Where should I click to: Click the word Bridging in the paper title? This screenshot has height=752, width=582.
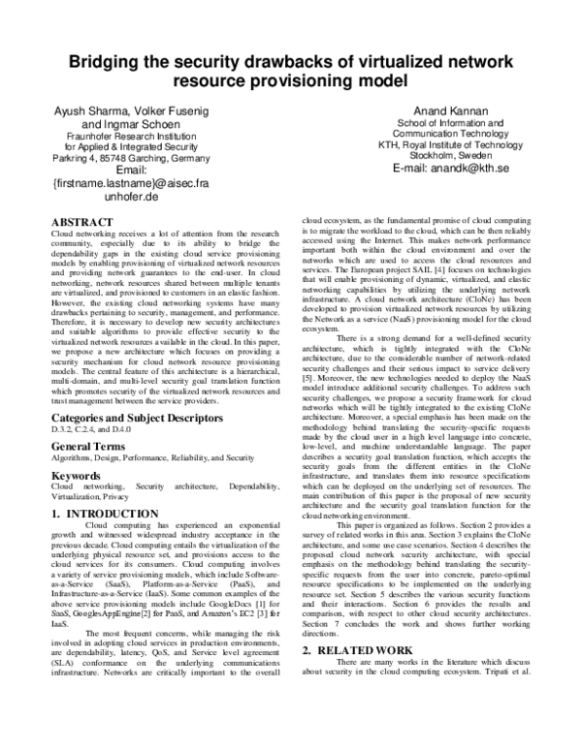(x=109, y=63)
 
